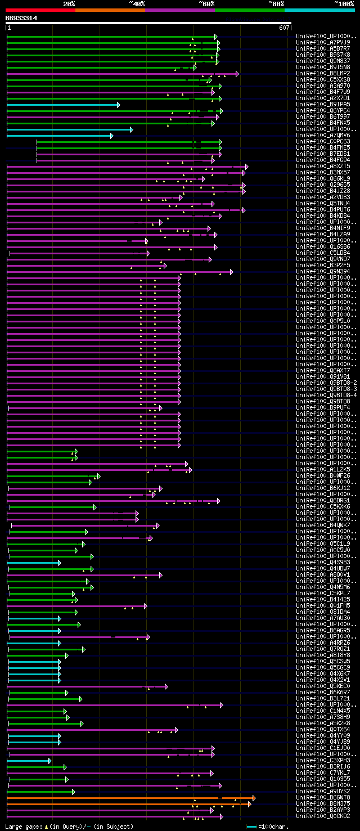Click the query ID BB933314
click(21, 18)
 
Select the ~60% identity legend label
click(206, 3)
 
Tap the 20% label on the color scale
click(69, 3)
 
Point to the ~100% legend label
click(344, 3)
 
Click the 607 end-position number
click(283, 28)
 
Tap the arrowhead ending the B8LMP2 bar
click(237, 74)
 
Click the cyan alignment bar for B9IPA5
click(62, 105)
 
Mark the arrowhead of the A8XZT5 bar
click(246, 167)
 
